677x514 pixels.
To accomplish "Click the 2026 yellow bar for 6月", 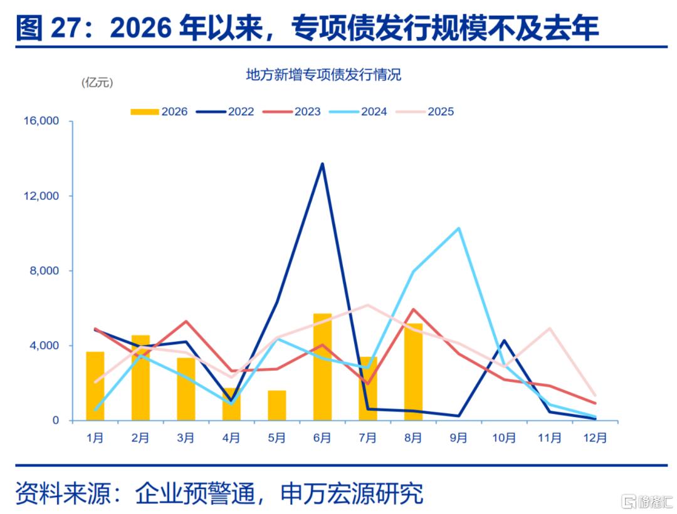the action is [322, 367].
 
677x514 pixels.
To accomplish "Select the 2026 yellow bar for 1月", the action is [95, 386].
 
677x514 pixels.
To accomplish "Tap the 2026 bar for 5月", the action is [277, 405].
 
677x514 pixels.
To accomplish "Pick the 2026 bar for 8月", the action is [413, 372].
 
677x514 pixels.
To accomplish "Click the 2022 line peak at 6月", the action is [322, 164].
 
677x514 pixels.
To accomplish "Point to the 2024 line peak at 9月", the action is [458, 228].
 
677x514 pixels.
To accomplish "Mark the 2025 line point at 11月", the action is [550, 328].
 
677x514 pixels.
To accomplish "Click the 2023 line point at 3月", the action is [186, 321].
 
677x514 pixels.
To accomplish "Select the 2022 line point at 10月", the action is [504, 340].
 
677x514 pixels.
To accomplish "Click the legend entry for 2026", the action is [159, 111].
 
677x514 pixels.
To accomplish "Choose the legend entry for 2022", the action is [225, 111].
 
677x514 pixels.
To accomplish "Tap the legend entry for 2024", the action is [358, 111].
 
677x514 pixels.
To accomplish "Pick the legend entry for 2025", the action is [424, 111].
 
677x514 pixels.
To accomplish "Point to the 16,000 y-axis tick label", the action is [41, 121].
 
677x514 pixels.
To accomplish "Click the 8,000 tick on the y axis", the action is [44, 271].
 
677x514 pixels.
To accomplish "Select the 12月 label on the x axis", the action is [595, 438].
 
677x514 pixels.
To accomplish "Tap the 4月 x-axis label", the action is [231, 438].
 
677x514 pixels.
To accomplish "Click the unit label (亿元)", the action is [97, 83].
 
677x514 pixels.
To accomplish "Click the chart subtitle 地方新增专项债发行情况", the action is [323, 75].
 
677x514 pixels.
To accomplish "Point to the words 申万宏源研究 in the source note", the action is [352, 493].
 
